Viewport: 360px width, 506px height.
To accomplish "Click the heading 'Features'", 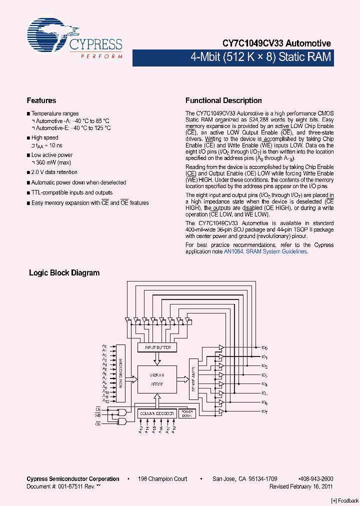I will (41, 100).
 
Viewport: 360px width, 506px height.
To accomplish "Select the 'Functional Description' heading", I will (223, 100).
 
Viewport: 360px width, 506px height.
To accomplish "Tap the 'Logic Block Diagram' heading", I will (64, 273).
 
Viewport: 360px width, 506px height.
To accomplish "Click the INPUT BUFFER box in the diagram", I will (157, 347).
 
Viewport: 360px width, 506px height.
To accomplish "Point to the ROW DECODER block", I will (120, 373).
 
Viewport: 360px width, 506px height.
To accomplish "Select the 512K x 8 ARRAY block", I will (157, 379).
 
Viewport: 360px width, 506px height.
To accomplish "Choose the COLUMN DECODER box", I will (157, 413).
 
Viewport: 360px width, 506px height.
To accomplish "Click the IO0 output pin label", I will (264, 347).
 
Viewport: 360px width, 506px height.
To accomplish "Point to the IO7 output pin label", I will (264, 411).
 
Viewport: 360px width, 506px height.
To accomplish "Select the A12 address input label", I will (105, 401).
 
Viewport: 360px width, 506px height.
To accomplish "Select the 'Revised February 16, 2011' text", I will (301, 486).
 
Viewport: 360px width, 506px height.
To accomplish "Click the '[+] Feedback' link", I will (345, 501).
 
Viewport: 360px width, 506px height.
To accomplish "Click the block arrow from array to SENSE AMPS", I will (182, 378).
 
